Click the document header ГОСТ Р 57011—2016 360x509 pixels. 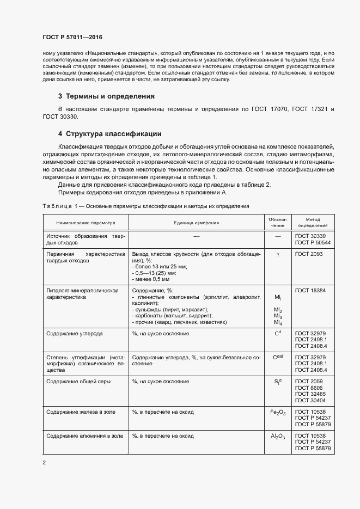(72, 37)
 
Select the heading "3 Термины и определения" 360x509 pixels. (106, 96)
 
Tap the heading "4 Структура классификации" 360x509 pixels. (109, 133)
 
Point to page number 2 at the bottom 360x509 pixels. (44, 463)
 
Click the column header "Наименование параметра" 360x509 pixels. (84, 223)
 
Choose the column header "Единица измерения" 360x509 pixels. (196, 223)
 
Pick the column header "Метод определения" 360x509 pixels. (313, 223)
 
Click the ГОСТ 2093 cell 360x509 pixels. (309, 254)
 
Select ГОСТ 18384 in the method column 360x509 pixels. (311, 291)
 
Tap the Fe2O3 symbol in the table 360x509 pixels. (277, 412)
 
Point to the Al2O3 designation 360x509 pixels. (277, 437)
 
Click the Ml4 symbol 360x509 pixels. (277, 323)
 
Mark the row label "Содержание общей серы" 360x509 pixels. (78, 382)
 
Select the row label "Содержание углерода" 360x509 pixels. (74, 333)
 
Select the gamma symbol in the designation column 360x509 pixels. (277, 254)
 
